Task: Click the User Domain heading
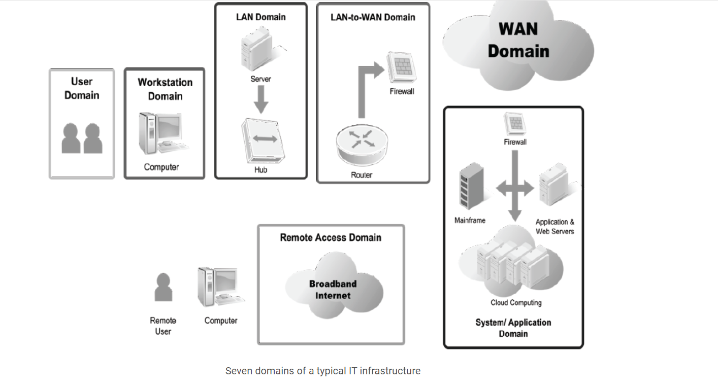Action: click(x=82, y=88)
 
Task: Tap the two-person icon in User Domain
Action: click(x=82, y=138)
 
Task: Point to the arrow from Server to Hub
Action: click(x=261, y=99)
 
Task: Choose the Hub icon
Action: click(x=261, y=141)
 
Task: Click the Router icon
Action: click(x=361, y=144)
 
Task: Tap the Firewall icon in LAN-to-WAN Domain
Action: click(x=402, y=68)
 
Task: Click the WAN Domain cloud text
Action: click(x=518, y=40)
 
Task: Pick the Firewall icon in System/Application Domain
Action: click(x=515, y=124)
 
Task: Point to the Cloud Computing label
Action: click(x=516, y=303)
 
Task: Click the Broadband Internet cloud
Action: click(x=333, y=290)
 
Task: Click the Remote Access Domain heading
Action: click(x=331, y=237)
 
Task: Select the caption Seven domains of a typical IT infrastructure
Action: click(x=323, y=371)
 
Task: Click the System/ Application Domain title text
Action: click(x=513, y=328)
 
